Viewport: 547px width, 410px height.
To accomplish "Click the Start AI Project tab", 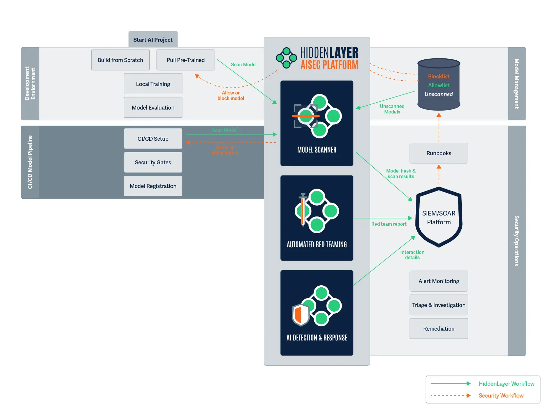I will pos(153,40).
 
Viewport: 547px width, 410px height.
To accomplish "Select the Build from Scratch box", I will pos(120,60).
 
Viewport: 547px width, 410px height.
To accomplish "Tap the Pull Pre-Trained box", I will pos(186,60).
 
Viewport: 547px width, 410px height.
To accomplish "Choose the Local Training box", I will pos(153,84).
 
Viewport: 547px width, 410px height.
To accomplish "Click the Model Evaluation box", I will pos(153,108).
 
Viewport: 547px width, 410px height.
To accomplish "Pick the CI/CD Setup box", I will pos(153,139).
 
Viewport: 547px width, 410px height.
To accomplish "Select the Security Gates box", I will pos(153,162).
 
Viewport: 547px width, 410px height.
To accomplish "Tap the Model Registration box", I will pos(153,186).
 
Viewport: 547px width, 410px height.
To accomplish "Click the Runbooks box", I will pos(439,153).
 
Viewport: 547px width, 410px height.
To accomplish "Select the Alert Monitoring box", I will pos(439,281).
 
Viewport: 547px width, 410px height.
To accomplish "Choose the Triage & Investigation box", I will pos(439,305).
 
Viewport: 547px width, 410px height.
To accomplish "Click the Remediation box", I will pos(439,329).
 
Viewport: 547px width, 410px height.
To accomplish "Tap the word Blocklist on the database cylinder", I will pos(439,76).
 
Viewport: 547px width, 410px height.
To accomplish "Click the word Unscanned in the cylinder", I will pos(439,94).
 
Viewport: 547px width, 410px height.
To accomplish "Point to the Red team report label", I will pos(389,224).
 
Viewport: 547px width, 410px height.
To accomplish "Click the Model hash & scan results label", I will pos(401,174).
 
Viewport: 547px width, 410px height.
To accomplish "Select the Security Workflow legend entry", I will pos(501,396).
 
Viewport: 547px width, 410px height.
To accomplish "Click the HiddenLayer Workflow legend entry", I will pos(506,384).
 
